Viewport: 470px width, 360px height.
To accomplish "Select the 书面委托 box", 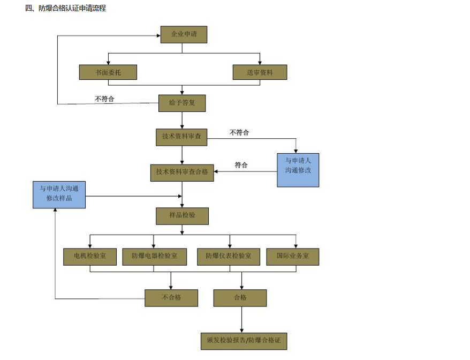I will click(108, 72).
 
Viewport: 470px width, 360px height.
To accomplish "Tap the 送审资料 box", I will click(260, 72).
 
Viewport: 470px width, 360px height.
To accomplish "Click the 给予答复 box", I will click(182, 103).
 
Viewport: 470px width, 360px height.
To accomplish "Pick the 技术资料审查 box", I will click(181, 137).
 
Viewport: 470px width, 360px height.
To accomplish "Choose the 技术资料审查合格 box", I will click(182, 172).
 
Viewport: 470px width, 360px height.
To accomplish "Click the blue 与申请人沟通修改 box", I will click(298, 170).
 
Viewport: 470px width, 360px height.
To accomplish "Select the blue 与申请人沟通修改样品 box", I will click(59, 194).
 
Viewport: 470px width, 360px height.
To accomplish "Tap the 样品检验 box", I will click(182, 215).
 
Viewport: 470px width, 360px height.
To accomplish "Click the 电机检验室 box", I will click(90, 257).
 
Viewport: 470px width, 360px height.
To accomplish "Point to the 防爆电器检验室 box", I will click(154, 257).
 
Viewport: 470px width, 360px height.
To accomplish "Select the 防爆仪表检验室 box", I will click(229, 257).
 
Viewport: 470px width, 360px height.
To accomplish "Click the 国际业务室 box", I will click(292, 257).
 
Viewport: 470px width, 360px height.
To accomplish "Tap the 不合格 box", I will click(171, 298).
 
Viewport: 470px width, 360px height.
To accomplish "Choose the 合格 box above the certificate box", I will click(240, 298).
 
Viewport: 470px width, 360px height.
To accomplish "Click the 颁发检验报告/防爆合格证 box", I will click(244, 340).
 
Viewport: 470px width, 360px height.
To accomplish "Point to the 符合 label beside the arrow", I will click(241, 166).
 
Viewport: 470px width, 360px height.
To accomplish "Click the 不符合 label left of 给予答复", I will click(104, 99).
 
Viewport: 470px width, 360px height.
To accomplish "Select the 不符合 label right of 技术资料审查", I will click(239, 132).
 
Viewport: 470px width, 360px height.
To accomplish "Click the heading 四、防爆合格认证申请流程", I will click(65, 9).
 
